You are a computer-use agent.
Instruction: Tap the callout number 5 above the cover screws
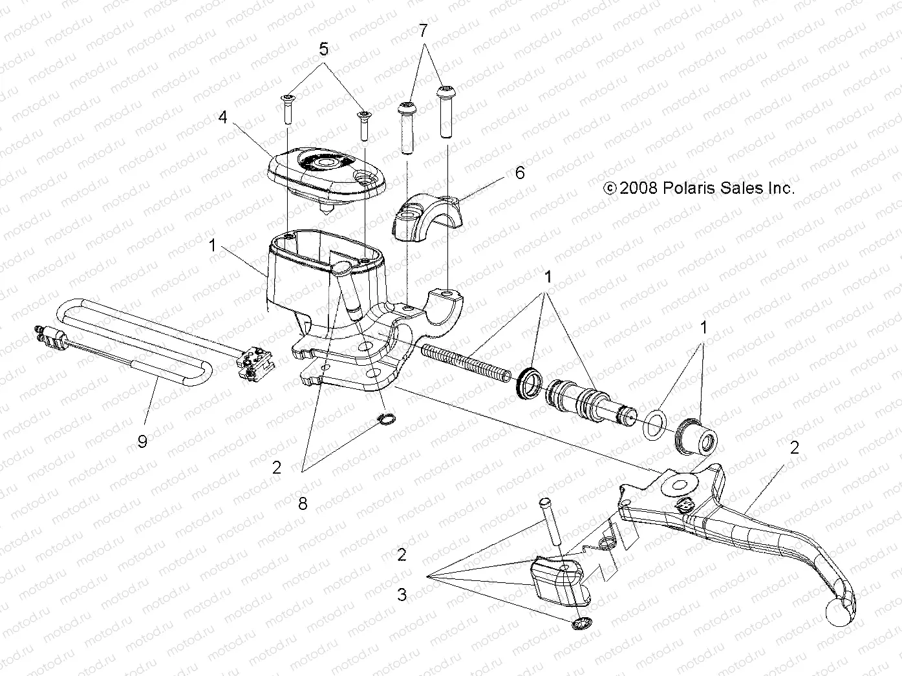tap(324, 49)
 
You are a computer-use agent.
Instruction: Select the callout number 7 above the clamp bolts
tap(424, 30)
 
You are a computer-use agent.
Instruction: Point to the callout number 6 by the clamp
tap(519, 173)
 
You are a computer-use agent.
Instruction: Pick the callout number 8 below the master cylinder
tap(303, 503)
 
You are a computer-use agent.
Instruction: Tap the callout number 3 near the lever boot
tap(402, 594)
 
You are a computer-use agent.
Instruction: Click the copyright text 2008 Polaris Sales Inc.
tap(698, 188)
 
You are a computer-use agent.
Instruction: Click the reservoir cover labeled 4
tap(326, 173)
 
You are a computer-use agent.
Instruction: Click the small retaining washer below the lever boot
tap(583, 624)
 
